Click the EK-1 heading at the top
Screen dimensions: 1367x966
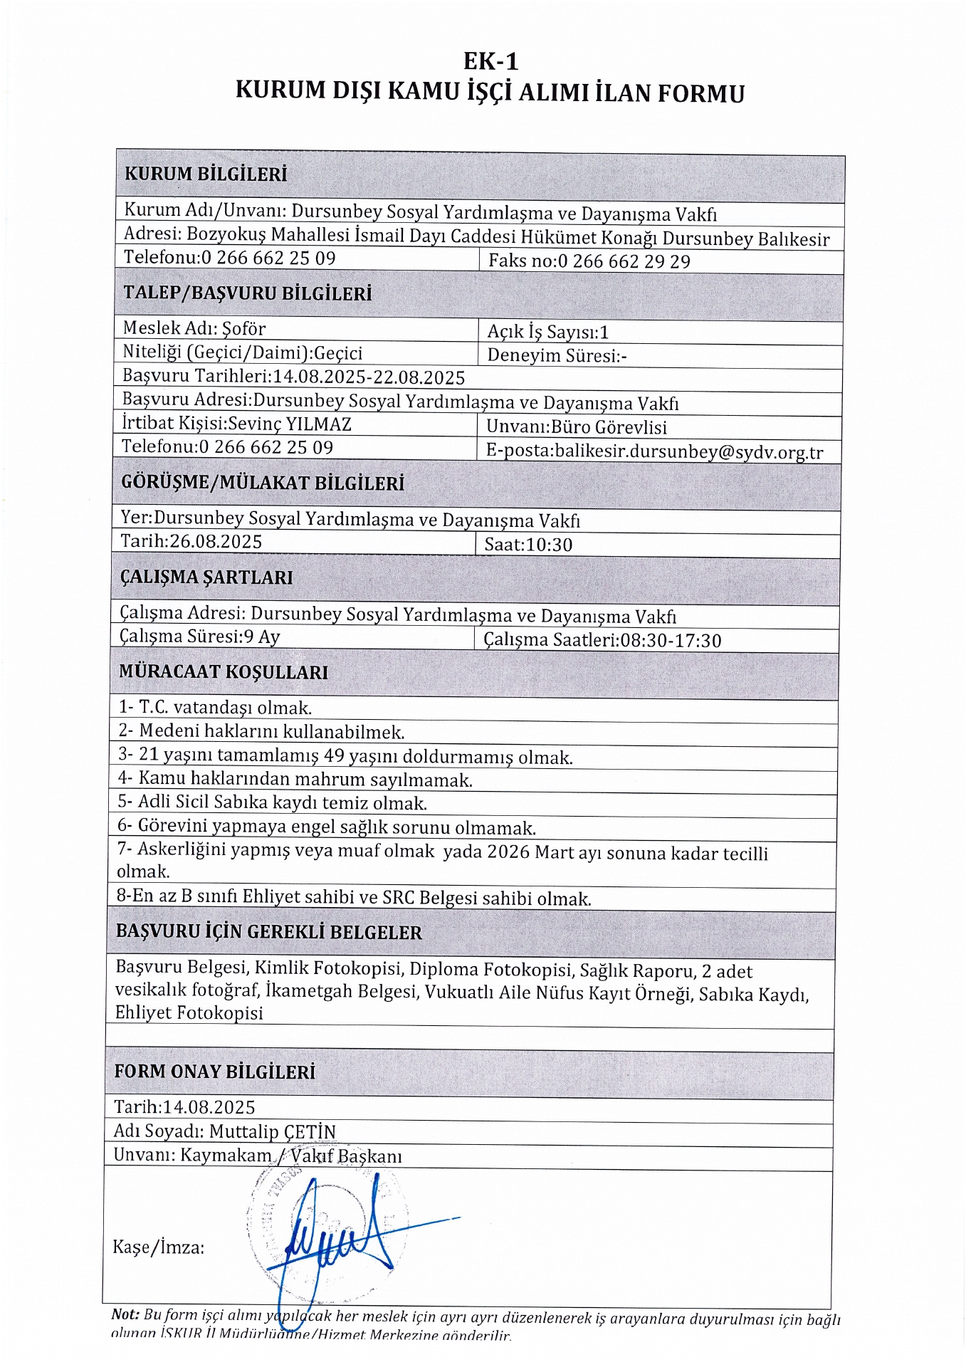[490, 61]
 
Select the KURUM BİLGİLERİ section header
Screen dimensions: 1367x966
[206, 174]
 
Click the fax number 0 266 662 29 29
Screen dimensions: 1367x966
[624, 261]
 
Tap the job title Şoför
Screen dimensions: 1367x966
[243, 328]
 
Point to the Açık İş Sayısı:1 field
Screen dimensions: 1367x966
[547, 332]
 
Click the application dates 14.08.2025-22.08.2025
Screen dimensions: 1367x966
[369, 377]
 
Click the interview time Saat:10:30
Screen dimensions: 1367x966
[528, 545]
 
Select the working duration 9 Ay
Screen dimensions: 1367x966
[262, 637]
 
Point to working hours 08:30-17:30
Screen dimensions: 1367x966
[671, 640]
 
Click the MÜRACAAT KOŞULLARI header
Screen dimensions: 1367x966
[224, 672]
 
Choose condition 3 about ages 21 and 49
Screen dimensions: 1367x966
[345, 756]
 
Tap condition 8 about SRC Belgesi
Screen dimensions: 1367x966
[354, 897]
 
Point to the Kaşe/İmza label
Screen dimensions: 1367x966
[158, 1247]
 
